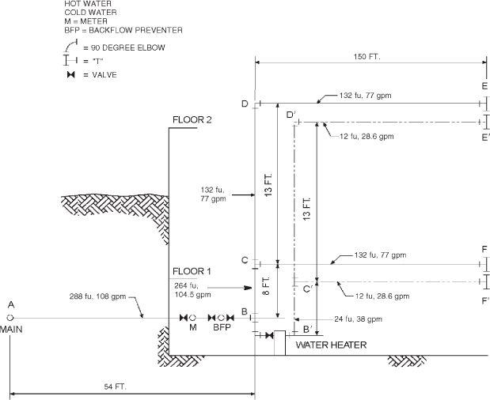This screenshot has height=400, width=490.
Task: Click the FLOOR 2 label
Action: coord(194,120)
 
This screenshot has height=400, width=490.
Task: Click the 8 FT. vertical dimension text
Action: coord(267,287)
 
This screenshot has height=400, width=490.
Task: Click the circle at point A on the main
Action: coord(11,318)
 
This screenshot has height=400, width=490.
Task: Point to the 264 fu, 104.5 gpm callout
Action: coord(193,289)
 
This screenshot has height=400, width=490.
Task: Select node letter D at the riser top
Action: coord(245,104)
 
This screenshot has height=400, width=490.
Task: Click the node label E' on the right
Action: coord(484,136)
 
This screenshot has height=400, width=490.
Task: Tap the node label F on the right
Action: coord(484,249)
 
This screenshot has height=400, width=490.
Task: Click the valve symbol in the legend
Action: coord(70,74)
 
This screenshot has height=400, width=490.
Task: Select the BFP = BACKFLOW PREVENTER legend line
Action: coord(123,30)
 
